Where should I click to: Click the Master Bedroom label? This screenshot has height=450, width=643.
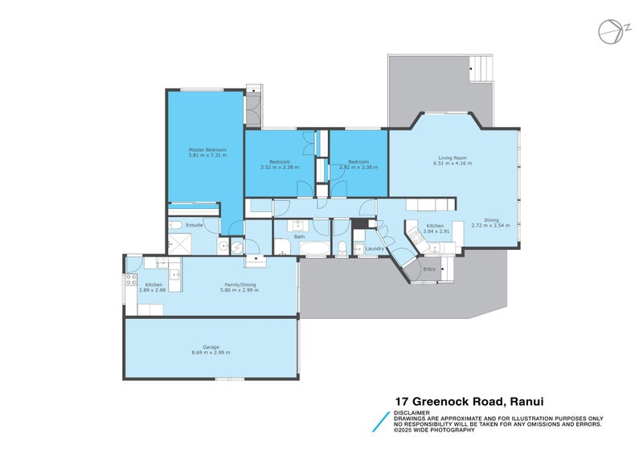(x=207, y=149)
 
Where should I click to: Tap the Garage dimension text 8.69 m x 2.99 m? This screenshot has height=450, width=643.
(x=211, y=353)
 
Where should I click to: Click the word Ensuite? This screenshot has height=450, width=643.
(x=195, y=225)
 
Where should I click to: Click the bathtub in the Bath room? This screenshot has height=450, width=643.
(x=313, y=248)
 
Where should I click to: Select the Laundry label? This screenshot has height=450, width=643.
(x=375, y=249)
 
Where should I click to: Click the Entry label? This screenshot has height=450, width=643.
(x=429, y=269)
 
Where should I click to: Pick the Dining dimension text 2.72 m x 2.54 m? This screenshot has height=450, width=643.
(x=490, y=225)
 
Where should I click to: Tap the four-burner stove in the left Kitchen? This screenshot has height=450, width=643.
(x=129, y=280)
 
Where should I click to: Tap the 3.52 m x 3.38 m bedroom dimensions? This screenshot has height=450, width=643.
(x=280, y=168)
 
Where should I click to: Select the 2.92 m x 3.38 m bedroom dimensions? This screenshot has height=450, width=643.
(x=358, y=168)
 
